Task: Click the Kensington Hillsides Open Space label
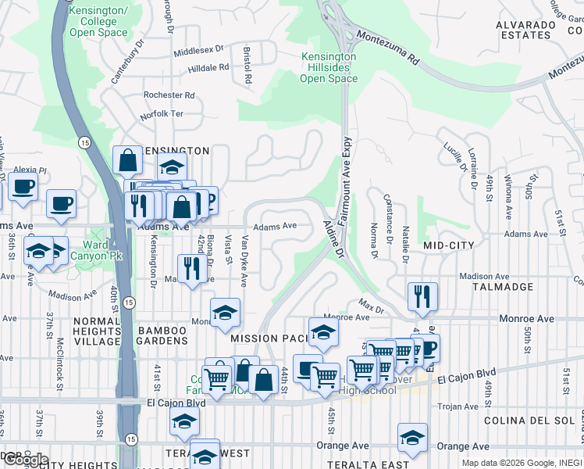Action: click(329, 68)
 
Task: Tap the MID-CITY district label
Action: click(449, 245)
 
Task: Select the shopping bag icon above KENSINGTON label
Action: click(127, 160)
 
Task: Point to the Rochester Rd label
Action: click(169, 95)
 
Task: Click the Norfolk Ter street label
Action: click(162, 114)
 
